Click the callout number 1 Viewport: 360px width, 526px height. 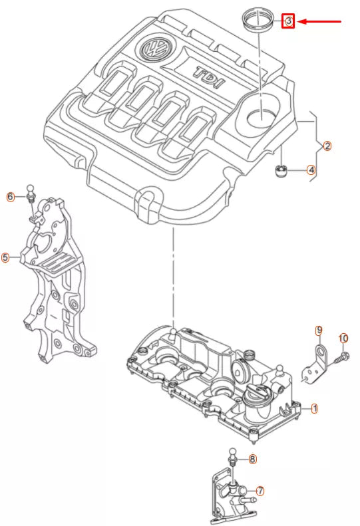315,407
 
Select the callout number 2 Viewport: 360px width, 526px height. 327,146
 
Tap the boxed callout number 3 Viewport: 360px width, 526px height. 288,22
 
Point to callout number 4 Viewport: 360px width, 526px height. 311,170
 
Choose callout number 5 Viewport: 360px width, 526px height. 5,257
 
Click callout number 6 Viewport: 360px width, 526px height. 10,196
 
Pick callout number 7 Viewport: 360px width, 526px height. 260,491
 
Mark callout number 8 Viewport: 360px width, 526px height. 252,459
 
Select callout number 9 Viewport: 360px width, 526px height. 319,330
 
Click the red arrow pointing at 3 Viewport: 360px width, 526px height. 319,22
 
